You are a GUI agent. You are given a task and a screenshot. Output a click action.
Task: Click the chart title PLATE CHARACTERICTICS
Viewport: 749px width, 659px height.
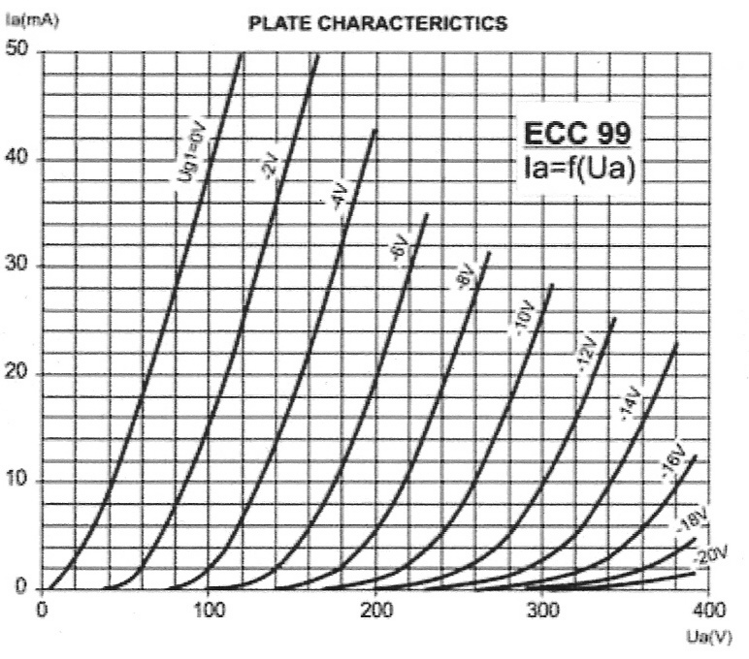[x=377, y=24]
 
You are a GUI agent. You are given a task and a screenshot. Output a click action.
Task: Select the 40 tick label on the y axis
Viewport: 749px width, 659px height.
[x=19, y=159]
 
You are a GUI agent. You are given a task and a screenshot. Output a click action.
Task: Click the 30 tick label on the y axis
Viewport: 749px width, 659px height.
[x=19, y=267]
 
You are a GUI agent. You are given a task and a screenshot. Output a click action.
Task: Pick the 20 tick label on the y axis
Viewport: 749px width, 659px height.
[x=19, y=374]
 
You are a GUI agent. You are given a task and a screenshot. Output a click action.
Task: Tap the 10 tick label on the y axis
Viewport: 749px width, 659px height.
[x=19, y=482]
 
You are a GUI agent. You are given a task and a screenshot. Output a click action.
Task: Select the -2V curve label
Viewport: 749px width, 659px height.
[x=269, y=168]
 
